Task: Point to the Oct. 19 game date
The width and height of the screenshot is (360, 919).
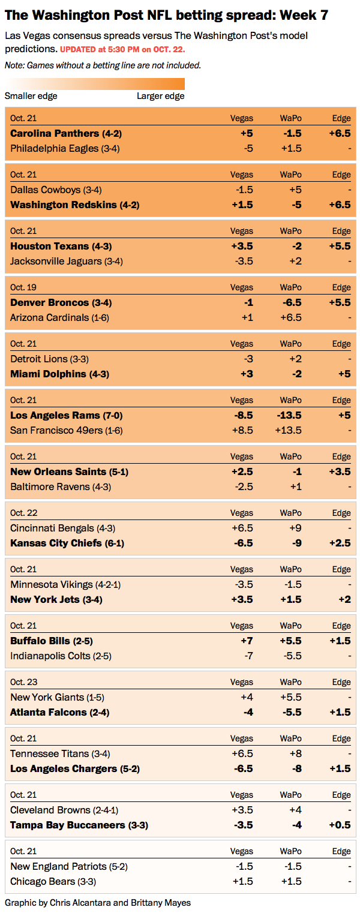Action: click(x=23, y=287)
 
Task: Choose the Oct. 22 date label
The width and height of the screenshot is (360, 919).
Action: click(x=23, y=513)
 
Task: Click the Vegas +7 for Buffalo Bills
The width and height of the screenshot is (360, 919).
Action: click(x=246, y=641)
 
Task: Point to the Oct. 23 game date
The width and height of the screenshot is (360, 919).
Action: click(x=23, y=682)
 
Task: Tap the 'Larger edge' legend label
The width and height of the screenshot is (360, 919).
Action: click(x=161, y=96)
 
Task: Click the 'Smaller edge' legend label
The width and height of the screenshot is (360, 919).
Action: click(x=31, y=96)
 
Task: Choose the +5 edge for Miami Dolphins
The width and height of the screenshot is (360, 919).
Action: click(x=343, y=374)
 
